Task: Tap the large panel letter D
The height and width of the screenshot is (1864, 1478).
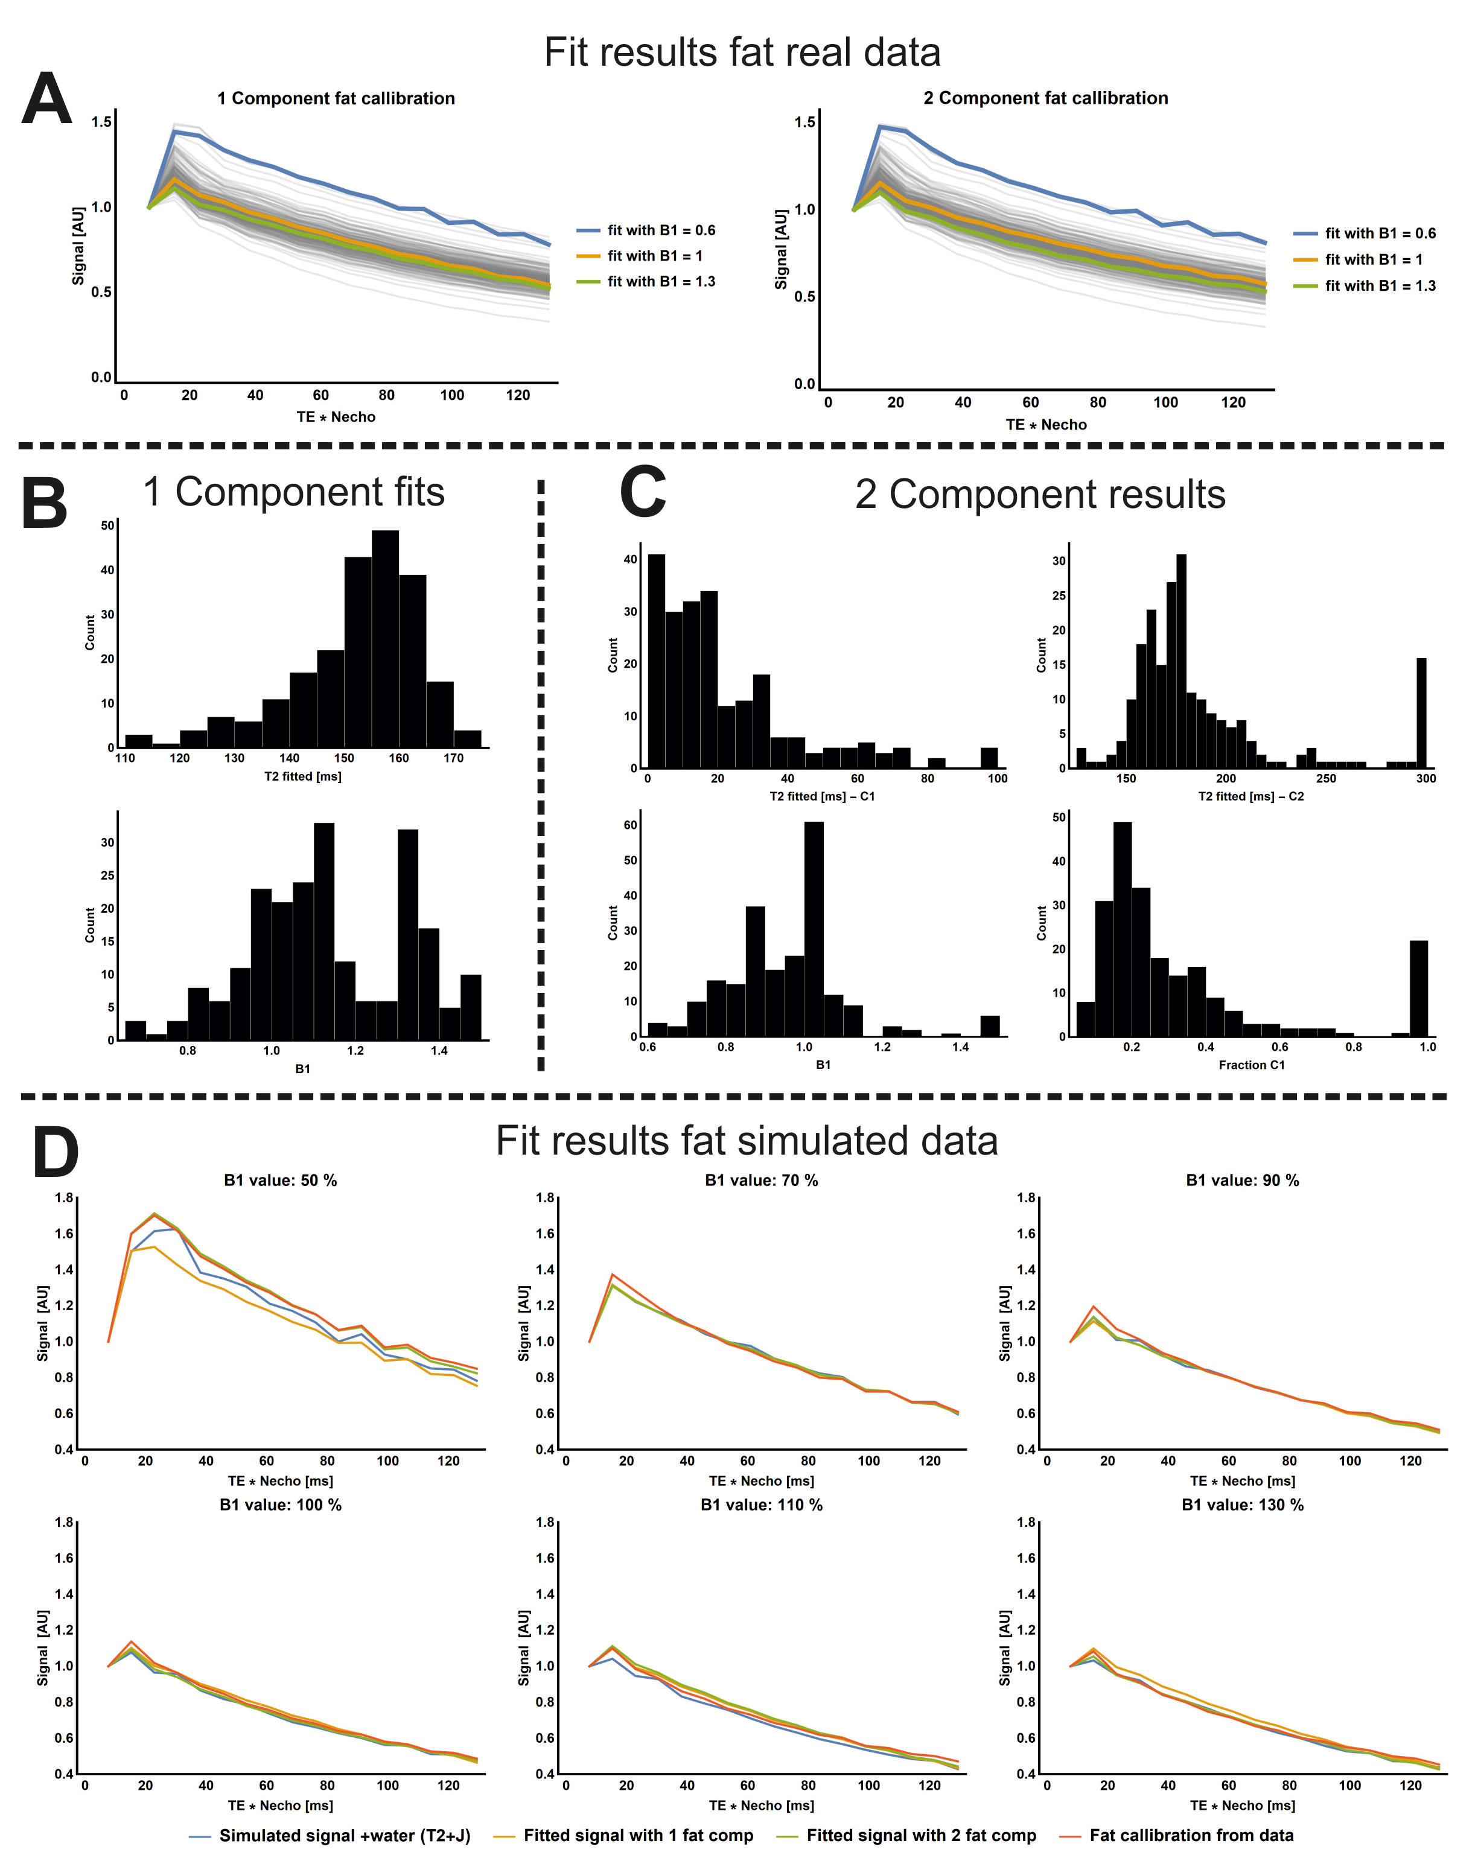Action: (56, 1152)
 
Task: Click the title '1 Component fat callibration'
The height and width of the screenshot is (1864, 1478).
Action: (336, 98)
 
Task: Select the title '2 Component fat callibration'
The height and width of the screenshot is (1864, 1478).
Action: (1045, 98)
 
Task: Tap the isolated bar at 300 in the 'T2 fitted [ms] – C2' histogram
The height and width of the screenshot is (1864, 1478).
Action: (1421, 712)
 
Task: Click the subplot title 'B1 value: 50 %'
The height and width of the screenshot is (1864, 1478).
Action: (280, 1180)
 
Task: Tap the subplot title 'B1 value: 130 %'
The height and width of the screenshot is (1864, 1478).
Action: (1242, 1504)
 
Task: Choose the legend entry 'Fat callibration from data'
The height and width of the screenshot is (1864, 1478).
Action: (1191, 1834)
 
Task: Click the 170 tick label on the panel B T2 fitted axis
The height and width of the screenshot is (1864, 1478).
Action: (453, 758)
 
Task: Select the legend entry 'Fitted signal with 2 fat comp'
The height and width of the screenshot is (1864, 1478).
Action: (920, 1834)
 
